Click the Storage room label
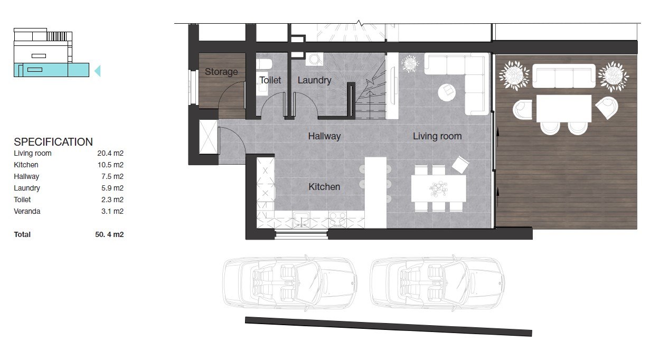[x=221, y=72]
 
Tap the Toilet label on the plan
[x=270, y=80]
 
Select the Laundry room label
[x=314, y=80]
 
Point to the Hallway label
[x=324, y=136]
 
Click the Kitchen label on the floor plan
[x=324, y=187]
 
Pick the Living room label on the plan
[x=437, y=136]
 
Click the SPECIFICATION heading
[x=53, y=142]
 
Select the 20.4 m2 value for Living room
[x=110, y=153]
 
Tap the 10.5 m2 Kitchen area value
[x=110, y=165]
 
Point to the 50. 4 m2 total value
[x=109, y=234]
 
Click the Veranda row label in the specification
[x=27, y=211]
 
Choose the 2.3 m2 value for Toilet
[x=112, y=200]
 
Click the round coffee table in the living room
[x=447, y=92]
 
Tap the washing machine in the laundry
[x=314, y=59]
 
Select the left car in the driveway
[x=289, y=283]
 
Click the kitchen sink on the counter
[x=301, y=219]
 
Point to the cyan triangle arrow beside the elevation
[x=98, y=71]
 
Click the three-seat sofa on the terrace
[x=564, y=75]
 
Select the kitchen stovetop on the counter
[x=337, y=219]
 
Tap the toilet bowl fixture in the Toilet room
[x=265, y=64]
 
